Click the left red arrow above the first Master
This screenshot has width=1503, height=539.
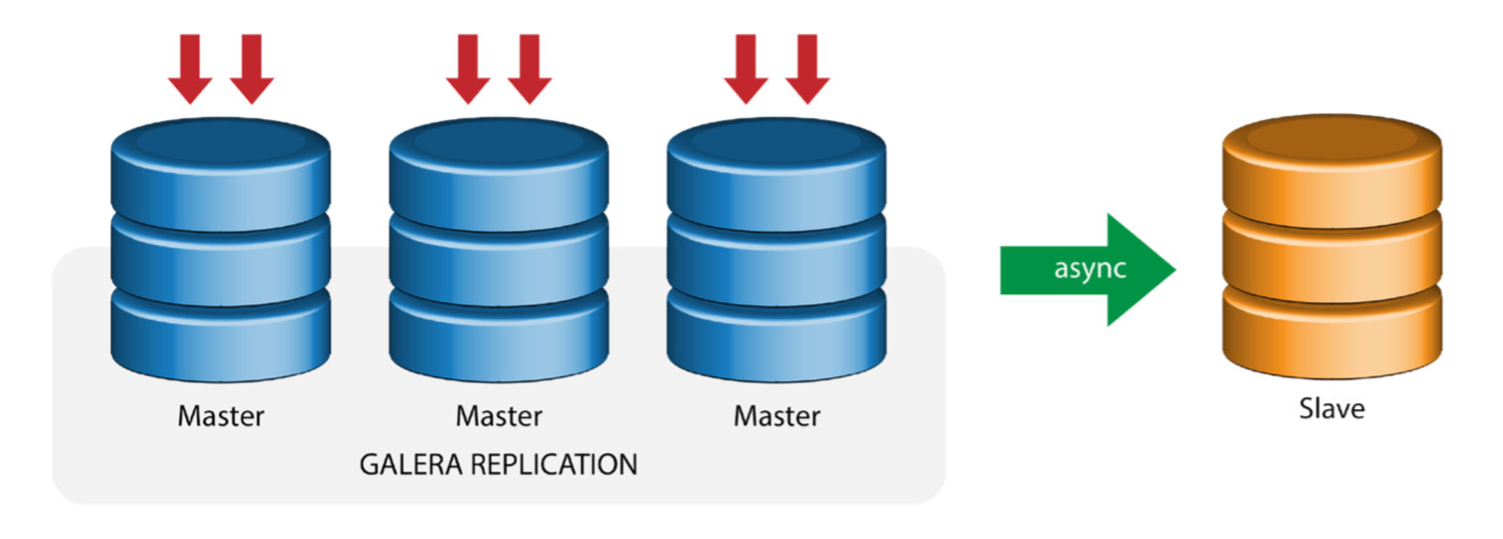point(190,69)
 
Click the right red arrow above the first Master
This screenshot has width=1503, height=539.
point(252,69)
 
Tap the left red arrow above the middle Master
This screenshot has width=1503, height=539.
point(468,69)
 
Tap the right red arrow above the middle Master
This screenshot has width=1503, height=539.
point(530,69)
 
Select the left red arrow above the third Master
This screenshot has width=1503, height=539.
point(747,69)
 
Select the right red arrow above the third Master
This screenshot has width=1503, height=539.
point(808,69)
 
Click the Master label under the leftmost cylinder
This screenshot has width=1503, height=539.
point(221,416)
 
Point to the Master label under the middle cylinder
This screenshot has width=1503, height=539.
point(499,416)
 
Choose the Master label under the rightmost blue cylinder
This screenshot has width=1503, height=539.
point(777,416)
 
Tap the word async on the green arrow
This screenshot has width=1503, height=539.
point(1090,269)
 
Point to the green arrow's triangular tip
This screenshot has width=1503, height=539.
point(1176,269)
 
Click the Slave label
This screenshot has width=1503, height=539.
point(1331,409)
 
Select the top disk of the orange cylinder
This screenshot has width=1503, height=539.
point(1331,171)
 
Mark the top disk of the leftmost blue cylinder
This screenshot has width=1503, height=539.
point(221,174)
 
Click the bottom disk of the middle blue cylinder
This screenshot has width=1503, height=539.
point(499,335)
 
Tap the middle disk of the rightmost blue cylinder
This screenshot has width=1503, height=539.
point(777,261)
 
